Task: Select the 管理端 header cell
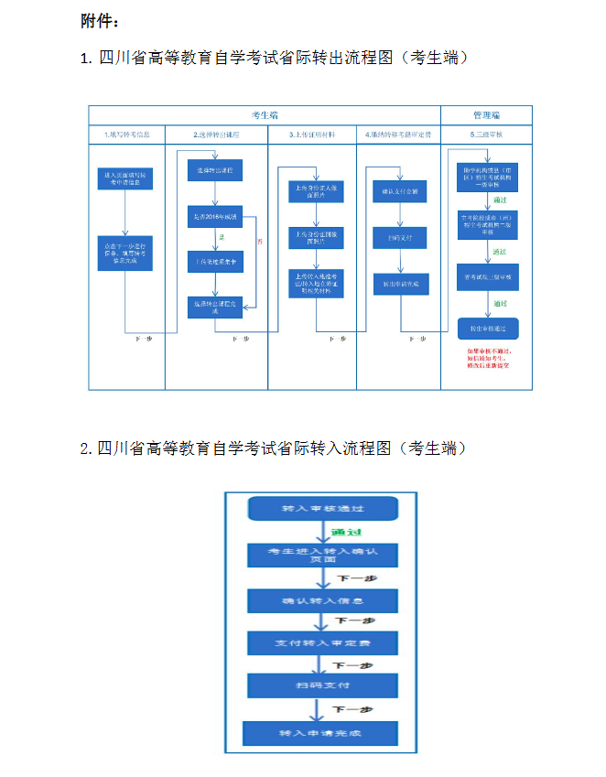(486, 115)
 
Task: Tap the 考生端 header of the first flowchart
(265, 115)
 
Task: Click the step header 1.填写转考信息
(126, 135)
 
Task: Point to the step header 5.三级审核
(486, 135)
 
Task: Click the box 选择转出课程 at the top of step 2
(216, 170)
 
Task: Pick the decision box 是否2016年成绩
(216, 217)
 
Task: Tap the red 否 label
(259, 241)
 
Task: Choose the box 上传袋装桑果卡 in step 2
(216, 262)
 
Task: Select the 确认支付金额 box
(399, 193)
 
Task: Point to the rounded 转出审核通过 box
(486, 327)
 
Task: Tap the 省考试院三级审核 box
(486, 275)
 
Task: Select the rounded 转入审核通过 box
(323, 509)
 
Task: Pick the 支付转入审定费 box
(323, 644)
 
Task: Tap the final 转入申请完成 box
(323, 733)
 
